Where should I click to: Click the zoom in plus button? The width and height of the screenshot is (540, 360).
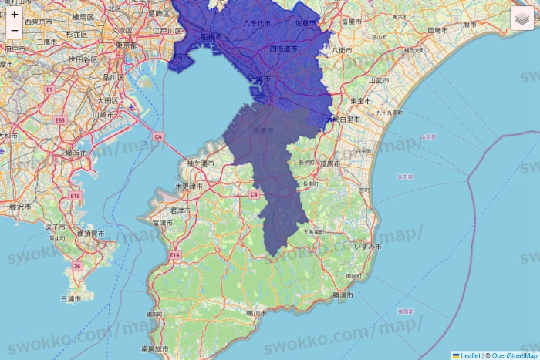(15, 14)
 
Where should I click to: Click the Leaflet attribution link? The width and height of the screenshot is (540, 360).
(468, 355)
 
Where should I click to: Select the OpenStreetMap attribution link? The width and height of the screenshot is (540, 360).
(514, 355)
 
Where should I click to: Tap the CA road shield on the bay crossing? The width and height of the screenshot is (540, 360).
(158, 136)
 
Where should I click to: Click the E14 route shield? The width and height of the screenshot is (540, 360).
(174, 254)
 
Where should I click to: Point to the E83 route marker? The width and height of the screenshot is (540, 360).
(59, 120)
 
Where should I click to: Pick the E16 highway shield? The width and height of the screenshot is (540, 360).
(75, 196)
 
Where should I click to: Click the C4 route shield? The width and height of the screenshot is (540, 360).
(253, 194)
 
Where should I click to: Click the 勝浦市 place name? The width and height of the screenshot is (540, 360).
(342, 295)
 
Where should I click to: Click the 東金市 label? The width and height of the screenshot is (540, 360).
(360, 101)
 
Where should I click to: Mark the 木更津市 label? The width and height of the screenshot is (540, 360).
(188, 187)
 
